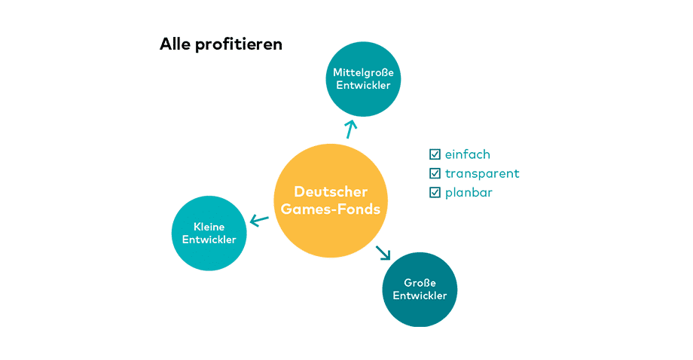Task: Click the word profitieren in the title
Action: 239,44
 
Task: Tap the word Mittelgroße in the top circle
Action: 363,72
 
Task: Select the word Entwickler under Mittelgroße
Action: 363,85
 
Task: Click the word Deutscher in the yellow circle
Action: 331,191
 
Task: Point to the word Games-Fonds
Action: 331,209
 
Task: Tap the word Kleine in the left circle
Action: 209,227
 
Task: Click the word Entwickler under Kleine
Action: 209,239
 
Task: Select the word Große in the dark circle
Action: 420,282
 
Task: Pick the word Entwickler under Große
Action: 420,295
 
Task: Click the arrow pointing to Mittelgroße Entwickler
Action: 350,128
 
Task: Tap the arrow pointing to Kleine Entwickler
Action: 259,221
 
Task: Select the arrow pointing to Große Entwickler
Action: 384,252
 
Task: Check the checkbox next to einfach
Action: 435,154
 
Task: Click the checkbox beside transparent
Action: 435,173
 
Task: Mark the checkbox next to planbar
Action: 435,192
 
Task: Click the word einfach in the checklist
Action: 467,154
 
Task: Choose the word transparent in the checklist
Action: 482,173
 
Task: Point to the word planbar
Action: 469,192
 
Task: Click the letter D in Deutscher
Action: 299,191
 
